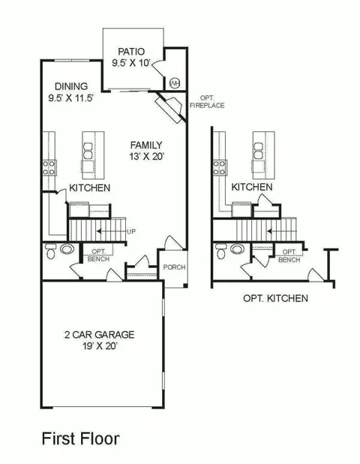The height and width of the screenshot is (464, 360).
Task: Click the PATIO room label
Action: (131, 52)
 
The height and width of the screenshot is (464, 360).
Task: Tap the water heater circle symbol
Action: (175, 83)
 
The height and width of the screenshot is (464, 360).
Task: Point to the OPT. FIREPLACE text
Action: (207, 102)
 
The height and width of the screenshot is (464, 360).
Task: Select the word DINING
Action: (71, 86)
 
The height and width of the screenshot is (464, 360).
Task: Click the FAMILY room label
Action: (146, 145)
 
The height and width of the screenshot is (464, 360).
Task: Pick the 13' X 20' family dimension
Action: (146, 156)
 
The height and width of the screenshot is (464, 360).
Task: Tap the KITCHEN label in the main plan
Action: (89, 188)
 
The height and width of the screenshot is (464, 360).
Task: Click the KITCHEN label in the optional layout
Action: (252, 187)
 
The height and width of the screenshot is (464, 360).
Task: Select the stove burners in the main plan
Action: (49, 167)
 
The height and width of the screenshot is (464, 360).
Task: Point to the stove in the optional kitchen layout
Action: (220, 167)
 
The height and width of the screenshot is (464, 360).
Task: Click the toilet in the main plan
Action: (51, 251)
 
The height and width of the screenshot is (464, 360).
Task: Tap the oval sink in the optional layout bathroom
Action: (237, 249)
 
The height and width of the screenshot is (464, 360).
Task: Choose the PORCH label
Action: (175, 267)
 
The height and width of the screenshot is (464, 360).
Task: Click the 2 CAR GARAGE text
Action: (99, 335)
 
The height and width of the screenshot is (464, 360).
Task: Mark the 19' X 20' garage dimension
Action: (100, 345)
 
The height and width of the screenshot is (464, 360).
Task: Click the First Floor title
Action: (81, 438)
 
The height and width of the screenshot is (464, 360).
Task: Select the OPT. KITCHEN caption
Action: (275, 298)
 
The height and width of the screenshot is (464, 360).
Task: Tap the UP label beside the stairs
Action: (131, 231)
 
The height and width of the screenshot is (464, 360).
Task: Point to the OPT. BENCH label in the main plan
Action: (98, 255)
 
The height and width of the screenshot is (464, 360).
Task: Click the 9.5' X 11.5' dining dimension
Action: (71, 98)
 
